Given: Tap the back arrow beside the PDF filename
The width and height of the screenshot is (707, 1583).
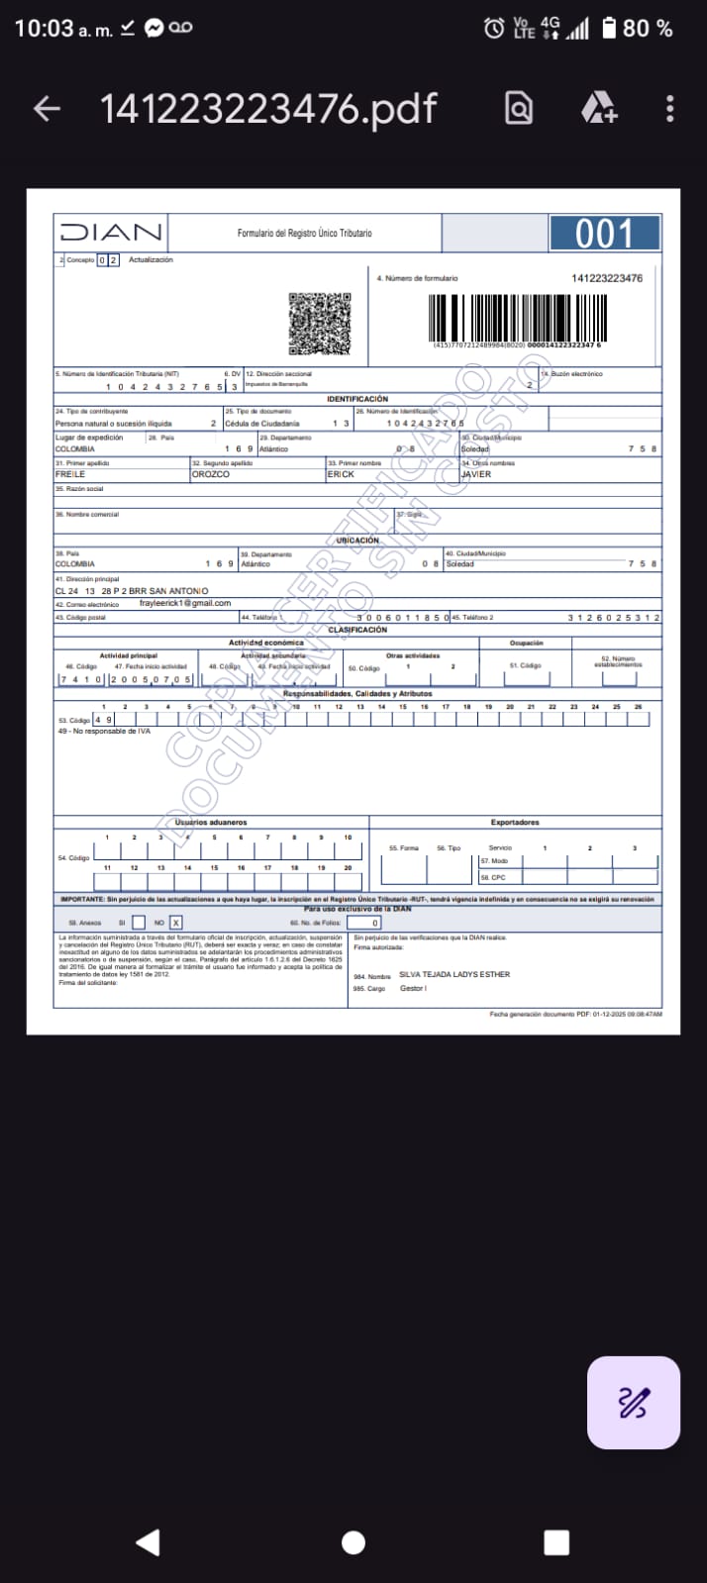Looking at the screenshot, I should (x=48, y=109).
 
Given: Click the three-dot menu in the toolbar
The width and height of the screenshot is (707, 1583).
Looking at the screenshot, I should (x=670, y=109).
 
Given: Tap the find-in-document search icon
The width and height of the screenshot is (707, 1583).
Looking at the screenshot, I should (x=519, y=108).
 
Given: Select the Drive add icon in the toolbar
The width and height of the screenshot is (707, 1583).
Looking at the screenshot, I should (x=598, y=108).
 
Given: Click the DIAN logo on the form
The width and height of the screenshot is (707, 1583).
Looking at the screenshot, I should (x=111, y=233).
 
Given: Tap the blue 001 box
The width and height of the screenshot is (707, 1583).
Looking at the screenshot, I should (x=604, y=234).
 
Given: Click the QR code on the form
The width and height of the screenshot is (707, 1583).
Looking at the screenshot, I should (x=320, y=323).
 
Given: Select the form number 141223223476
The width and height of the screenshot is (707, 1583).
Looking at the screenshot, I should (x=607, y=278).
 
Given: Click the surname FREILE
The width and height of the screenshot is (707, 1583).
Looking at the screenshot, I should (x=70, y=474).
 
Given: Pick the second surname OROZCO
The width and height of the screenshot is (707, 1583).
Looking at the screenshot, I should (x=211, y=474).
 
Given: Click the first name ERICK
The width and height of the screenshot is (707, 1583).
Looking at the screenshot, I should (x=341, y=474).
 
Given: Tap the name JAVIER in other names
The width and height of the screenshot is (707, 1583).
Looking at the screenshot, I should (x=476, y=474).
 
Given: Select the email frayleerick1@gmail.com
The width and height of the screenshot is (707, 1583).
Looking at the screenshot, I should (x=185, y=603).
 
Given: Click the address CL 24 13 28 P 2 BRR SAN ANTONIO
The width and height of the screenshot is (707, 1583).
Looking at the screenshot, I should (x=132, y=591).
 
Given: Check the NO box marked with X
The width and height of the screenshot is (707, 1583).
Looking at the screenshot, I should (x=175, y=923).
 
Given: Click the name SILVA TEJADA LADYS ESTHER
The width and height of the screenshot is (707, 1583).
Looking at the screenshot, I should (x=454, y=974).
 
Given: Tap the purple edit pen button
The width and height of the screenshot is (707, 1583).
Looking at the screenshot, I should (x=633, y=1402).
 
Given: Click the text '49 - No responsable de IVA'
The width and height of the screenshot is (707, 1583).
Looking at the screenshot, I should (x=97, y=732).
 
